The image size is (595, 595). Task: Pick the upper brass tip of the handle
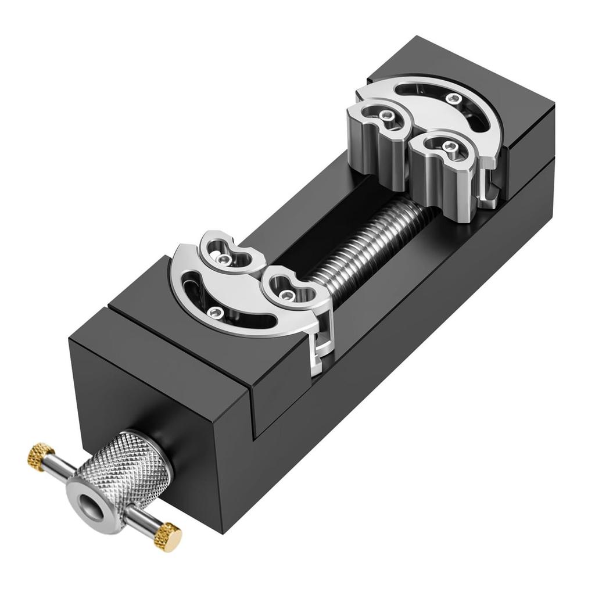pos(40,457)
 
